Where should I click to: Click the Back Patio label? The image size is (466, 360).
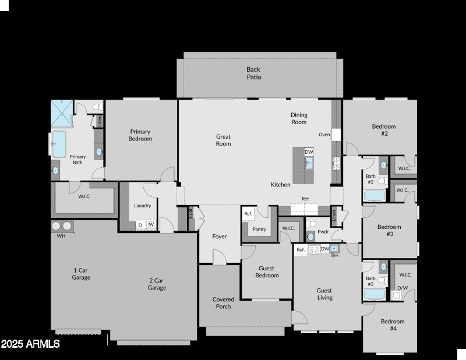(x=253, y=73)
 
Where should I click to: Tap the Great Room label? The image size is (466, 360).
(x=224, y=140)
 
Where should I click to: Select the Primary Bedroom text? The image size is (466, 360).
(x=140, y=135)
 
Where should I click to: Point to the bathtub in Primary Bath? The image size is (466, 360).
(x=59, y=144)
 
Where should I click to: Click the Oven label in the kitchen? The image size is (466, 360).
(x=324, y=135)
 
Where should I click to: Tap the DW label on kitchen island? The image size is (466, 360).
(x=309, y=152)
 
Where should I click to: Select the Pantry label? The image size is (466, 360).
(x=259, y=229)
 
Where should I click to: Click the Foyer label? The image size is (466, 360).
(x=220, y=237)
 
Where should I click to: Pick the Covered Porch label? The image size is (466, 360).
(x=223, y=303)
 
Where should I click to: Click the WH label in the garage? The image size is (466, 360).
(x=61, y=236)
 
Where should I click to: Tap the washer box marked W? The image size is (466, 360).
(x=151, y=224)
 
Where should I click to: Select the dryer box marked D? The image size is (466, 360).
(x=140, y=224)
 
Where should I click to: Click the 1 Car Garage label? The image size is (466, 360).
(x=81, y=274)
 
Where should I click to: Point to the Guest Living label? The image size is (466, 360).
(x=324, y=294)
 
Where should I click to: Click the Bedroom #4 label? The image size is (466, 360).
(x=393, y=324)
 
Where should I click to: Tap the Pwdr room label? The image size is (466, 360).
(x=323, y=231)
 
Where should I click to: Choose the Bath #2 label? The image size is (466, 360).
(x=370, y=179)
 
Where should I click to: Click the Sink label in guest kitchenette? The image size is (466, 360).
(x=334, y=255)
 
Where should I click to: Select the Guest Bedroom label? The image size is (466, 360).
(x=267, y=272)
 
